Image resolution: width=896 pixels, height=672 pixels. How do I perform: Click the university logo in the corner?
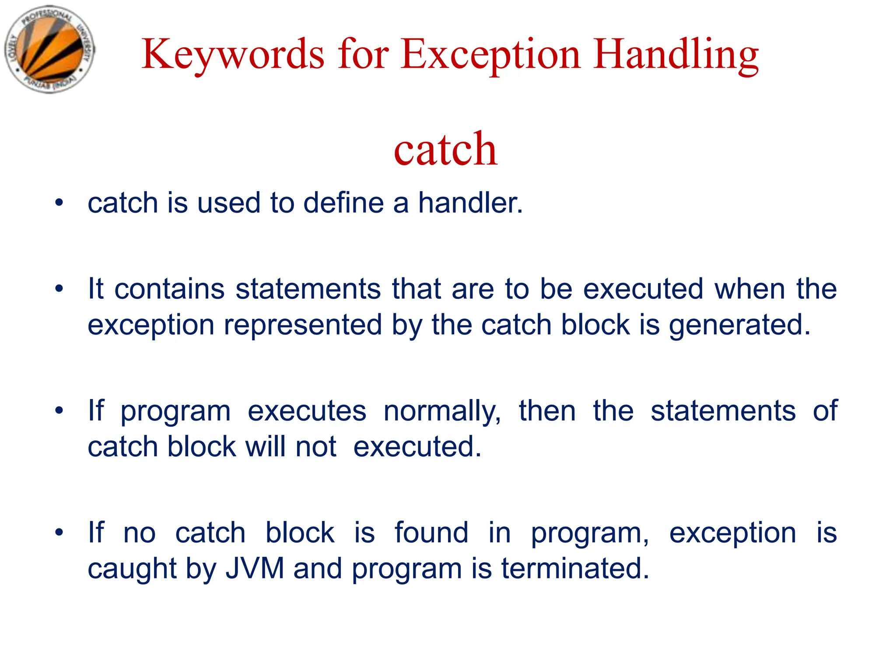[x=49, y=49]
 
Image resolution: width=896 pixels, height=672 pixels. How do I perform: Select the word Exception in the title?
[x=490, y=55]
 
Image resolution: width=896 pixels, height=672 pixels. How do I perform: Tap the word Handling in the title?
[x=676, y=55]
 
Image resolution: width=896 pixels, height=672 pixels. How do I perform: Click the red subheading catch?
[x=445, y=150]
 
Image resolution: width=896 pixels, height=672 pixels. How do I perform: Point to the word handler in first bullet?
[x=470, y=203]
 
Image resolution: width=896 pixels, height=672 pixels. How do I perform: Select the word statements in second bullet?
[x=308, y=289]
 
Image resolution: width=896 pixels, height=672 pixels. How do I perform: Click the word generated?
[x=739, y=325]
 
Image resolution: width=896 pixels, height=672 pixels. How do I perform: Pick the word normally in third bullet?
[x=442, y=411]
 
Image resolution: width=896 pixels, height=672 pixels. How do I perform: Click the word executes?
[x=307, y=411]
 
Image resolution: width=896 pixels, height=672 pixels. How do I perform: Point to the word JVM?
[x=255, y=568]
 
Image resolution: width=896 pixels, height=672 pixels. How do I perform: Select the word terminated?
[x=575, y=568]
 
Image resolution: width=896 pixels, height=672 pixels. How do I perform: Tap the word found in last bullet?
[x=431, y=532]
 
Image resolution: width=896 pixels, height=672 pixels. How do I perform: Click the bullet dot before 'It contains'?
[x=59, y=289]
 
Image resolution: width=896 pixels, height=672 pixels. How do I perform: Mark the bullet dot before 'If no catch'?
[x=59, y=532]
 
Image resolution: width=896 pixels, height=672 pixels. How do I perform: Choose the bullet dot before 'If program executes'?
[x=59, y=411]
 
